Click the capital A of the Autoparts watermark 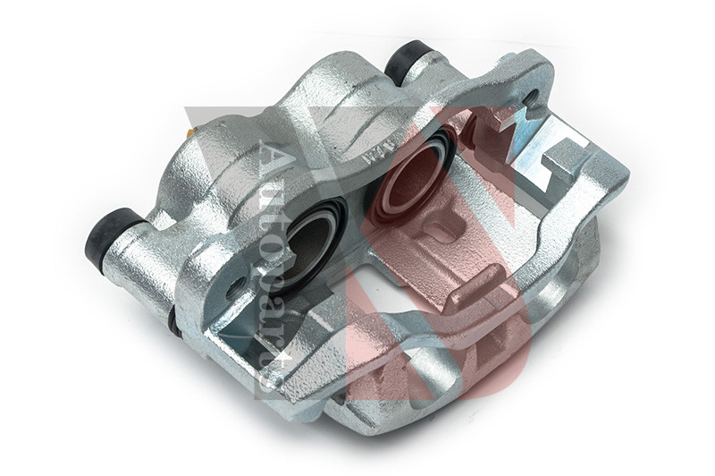[273, 157]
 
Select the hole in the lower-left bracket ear [235, 288]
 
